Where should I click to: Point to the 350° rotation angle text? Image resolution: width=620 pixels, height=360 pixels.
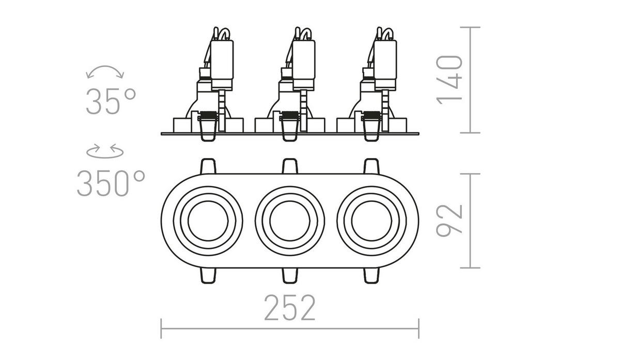(111, 183)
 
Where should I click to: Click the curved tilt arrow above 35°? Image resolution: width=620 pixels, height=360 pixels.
(105, 72)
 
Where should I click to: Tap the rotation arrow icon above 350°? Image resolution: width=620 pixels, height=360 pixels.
(105, 152)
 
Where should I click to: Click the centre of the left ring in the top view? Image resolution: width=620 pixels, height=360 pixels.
(207, 220)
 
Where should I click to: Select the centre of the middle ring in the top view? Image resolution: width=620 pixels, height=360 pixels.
(289, 220)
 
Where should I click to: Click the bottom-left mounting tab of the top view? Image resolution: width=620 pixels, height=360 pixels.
(207, 275)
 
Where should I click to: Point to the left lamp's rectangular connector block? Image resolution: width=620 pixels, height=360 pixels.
(223, 62)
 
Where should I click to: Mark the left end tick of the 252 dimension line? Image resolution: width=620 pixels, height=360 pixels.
(161, 328)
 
